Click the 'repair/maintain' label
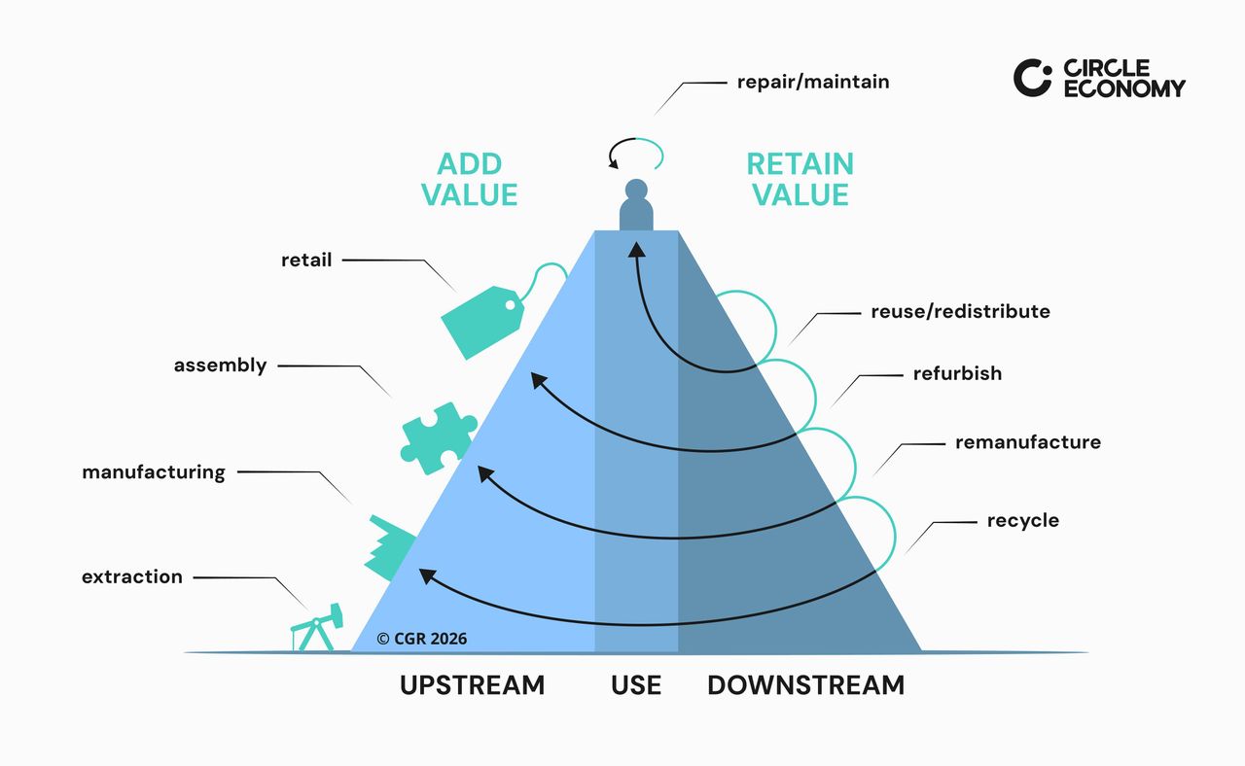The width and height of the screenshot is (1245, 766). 813,82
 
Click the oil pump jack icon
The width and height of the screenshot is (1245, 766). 317,628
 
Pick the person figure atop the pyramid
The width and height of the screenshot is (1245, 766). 636,205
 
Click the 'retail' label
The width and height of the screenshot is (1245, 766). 306,260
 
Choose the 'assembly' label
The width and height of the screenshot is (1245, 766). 220,366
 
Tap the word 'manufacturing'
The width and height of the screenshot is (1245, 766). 154,472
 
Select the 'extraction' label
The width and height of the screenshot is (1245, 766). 132,576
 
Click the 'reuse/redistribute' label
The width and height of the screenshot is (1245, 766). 961,312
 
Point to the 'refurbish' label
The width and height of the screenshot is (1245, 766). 957,373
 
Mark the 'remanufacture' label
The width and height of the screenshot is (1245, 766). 1028,442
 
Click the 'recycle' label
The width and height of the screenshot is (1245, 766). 1023,521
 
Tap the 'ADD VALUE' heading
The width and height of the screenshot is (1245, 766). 470,178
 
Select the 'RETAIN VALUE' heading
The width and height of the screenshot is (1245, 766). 800,178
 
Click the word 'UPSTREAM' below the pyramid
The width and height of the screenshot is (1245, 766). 473,685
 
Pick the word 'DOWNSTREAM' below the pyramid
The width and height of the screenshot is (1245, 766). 805,685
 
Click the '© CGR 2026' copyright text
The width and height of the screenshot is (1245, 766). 422,639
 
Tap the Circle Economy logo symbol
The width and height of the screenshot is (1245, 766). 1032,78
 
